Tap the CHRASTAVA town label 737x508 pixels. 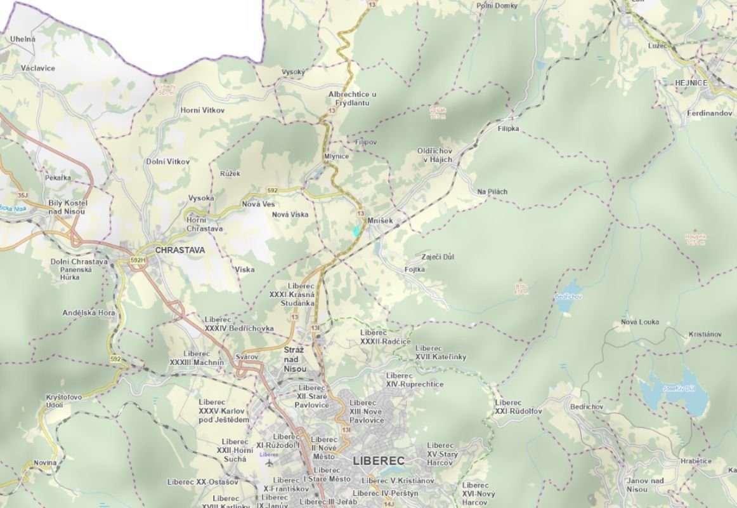click(180, 250)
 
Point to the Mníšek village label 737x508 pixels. click(381, 220)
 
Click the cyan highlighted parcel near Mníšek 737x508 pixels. click(357, 231)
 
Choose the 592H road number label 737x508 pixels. click(138, 260)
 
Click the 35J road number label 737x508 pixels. click(23, 195)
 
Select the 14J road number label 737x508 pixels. click(389, 504)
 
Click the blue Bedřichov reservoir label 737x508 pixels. click(568, 297)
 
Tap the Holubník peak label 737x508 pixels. click(695, 239)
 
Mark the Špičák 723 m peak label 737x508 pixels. click(438, 112)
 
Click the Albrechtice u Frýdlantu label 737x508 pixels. click(352, 98)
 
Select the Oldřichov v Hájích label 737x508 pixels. click(434, 155)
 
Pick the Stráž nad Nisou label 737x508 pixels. click(294, 359)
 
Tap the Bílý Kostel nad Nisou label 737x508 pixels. click(67, 207)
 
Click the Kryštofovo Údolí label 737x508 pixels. click(64, 401)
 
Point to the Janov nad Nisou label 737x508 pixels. click(645, 485)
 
